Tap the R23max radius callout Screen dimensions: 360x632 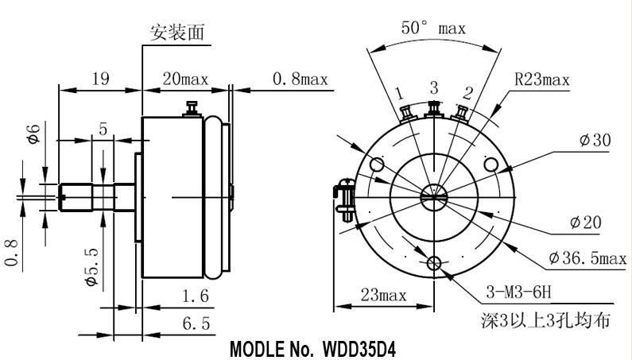coord(542,79)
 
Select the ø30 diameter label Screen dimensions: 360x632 coord(595,141)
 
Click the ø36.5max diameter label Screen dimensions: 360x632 coord(587,258)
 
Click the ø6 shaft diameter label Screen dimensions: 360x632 coord(33,136)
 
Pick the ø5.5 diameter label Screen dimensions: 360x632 coord(91,266)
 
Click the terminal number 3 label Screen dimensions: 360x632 coord(434,87)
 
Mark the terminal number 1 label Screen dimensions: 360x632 coord(400,93)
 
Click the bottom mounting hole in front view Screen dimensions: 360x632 coord(435,263)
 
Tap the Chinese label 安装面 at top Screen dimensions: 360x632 coord(176,32)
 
